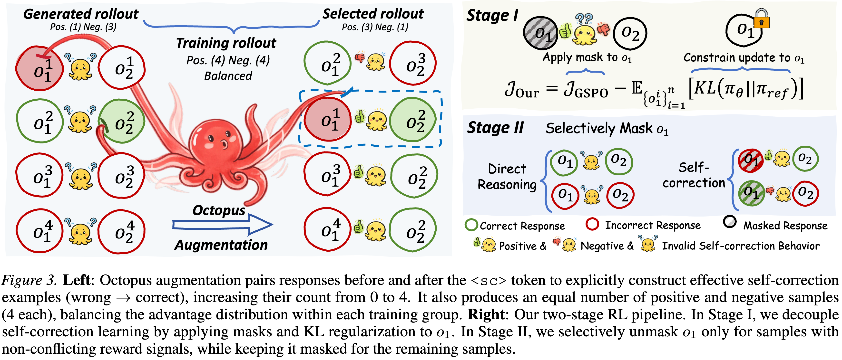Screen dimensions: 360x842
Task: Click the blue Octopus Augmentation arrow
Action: tap(222, 225)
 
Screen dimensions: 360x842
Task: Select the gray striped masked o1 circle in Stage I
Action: tap(540, 33)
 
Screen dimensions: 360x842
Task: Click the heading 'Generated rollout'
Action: tap(81, 14)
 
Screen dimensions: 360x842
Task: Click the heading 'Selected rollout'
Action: tap(373, 14)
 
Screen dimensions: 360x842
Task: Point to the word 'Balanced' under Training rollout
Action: tap(228, 76)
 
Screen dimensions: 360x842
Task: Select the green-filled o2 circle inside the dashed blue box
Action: tap(413, 120)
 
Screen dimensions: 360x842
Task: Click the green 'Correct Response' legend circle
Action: tap(471, 225)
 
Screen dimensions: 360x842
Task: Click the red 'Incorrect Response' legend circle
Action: tap(592, 224)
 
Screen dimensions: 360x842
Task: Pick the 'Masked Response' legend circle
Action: tap(730, 222)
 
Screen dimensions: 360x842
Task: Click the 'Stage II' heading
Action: tap(495, 128)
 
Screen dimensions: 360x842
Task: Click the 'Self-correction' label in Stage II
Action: tap(694, 175)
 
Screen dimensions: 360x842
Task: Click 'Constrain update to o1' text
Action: tap(743, 58)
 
